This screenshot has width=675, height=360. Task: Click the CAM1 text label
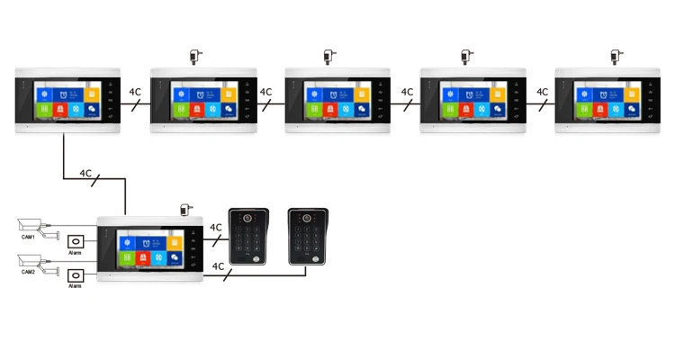[x=29, y=238]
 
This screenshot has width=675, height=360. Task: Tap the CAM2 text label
[x=29, y=272]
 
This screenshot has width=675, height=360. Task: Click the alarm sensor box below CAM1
[x=76, y=242]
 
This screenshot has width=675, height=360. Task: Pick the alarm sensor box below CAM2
[x=76, y=275]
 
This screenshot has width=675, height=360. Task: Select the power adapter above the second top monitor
[x=195, y=56]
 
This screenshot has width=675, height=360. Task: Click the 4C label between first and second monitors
[x=135, y=92]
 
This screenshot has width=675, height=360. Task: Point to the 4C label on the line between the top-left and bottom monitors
[x=85, y=173]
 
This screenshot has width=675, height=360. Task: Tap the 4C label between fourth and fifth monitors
[x=543, y=92]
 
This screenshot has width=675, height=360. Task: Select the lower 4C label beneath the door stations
[x=218, y=266]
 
